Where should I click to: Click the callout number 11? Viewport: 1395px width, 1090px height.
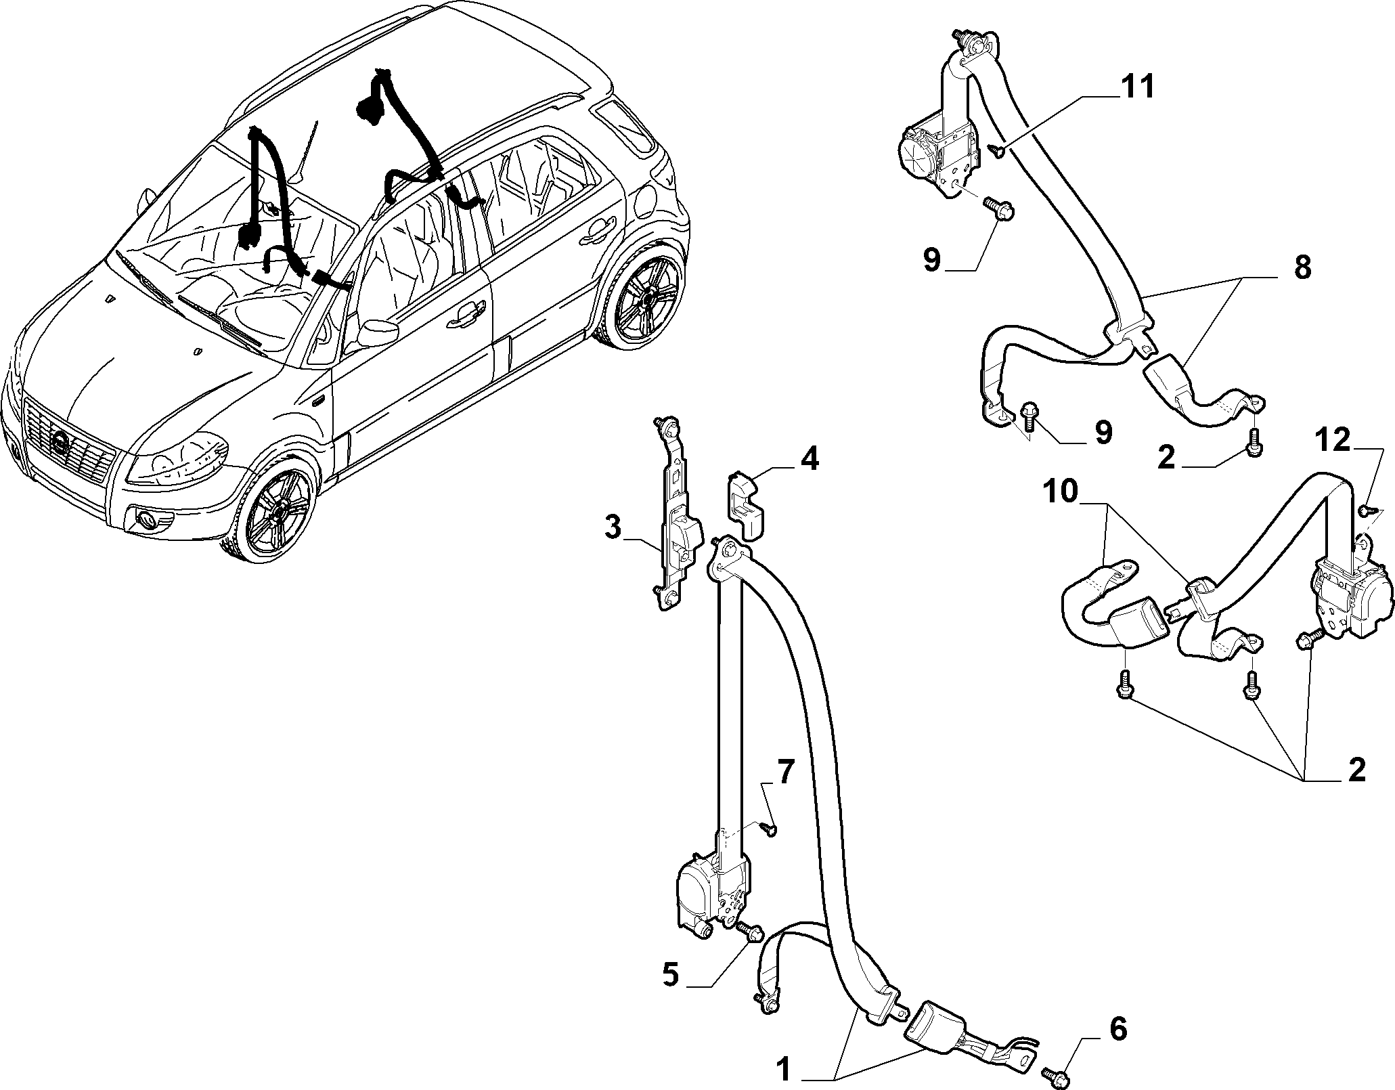[x=1137, y=89]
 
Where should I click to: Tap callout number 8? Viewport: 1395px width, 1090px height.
[x=1302, y=268]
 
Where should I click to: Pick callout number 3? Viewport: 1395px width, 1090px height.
[x=613, y=527]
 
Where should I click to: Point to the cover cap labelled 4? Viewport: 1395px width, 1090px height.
[x=747, y=504]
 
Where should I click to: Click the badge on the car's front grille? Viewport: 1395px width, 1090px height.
[x=60, y=443]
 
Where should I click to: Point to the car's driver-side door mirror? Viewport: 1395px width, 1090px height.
[x=375, y=333]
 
